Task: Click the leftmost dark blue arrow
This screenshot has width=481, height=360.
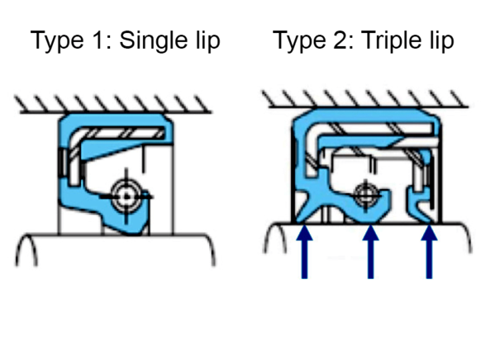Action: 304,252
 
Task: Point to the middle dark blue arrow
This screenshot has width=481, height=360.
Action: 370,252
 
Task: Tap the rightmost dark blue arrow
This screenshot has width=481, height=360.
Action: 429,252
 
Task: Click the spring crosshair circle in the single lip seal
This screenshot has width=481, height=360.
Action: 126,197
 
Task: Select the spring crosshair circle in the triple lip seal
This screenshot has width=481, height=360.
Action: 365,195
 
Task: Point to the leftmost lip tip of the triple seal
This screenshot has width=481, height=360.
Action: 298,221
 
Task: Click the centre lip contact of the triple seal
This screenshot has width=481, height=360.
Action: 367,220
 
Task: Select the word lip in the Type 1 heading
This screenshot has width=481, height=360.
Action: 208,40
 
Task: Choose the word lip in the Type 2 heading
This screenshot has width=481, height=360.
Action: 443,40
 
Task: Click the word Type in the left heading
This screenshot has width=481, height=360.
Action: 57,40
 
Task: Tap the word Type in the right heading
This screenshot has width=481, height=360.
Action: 300,40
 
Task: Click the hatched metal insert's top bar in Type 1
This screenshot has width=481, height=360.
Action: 122,134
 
